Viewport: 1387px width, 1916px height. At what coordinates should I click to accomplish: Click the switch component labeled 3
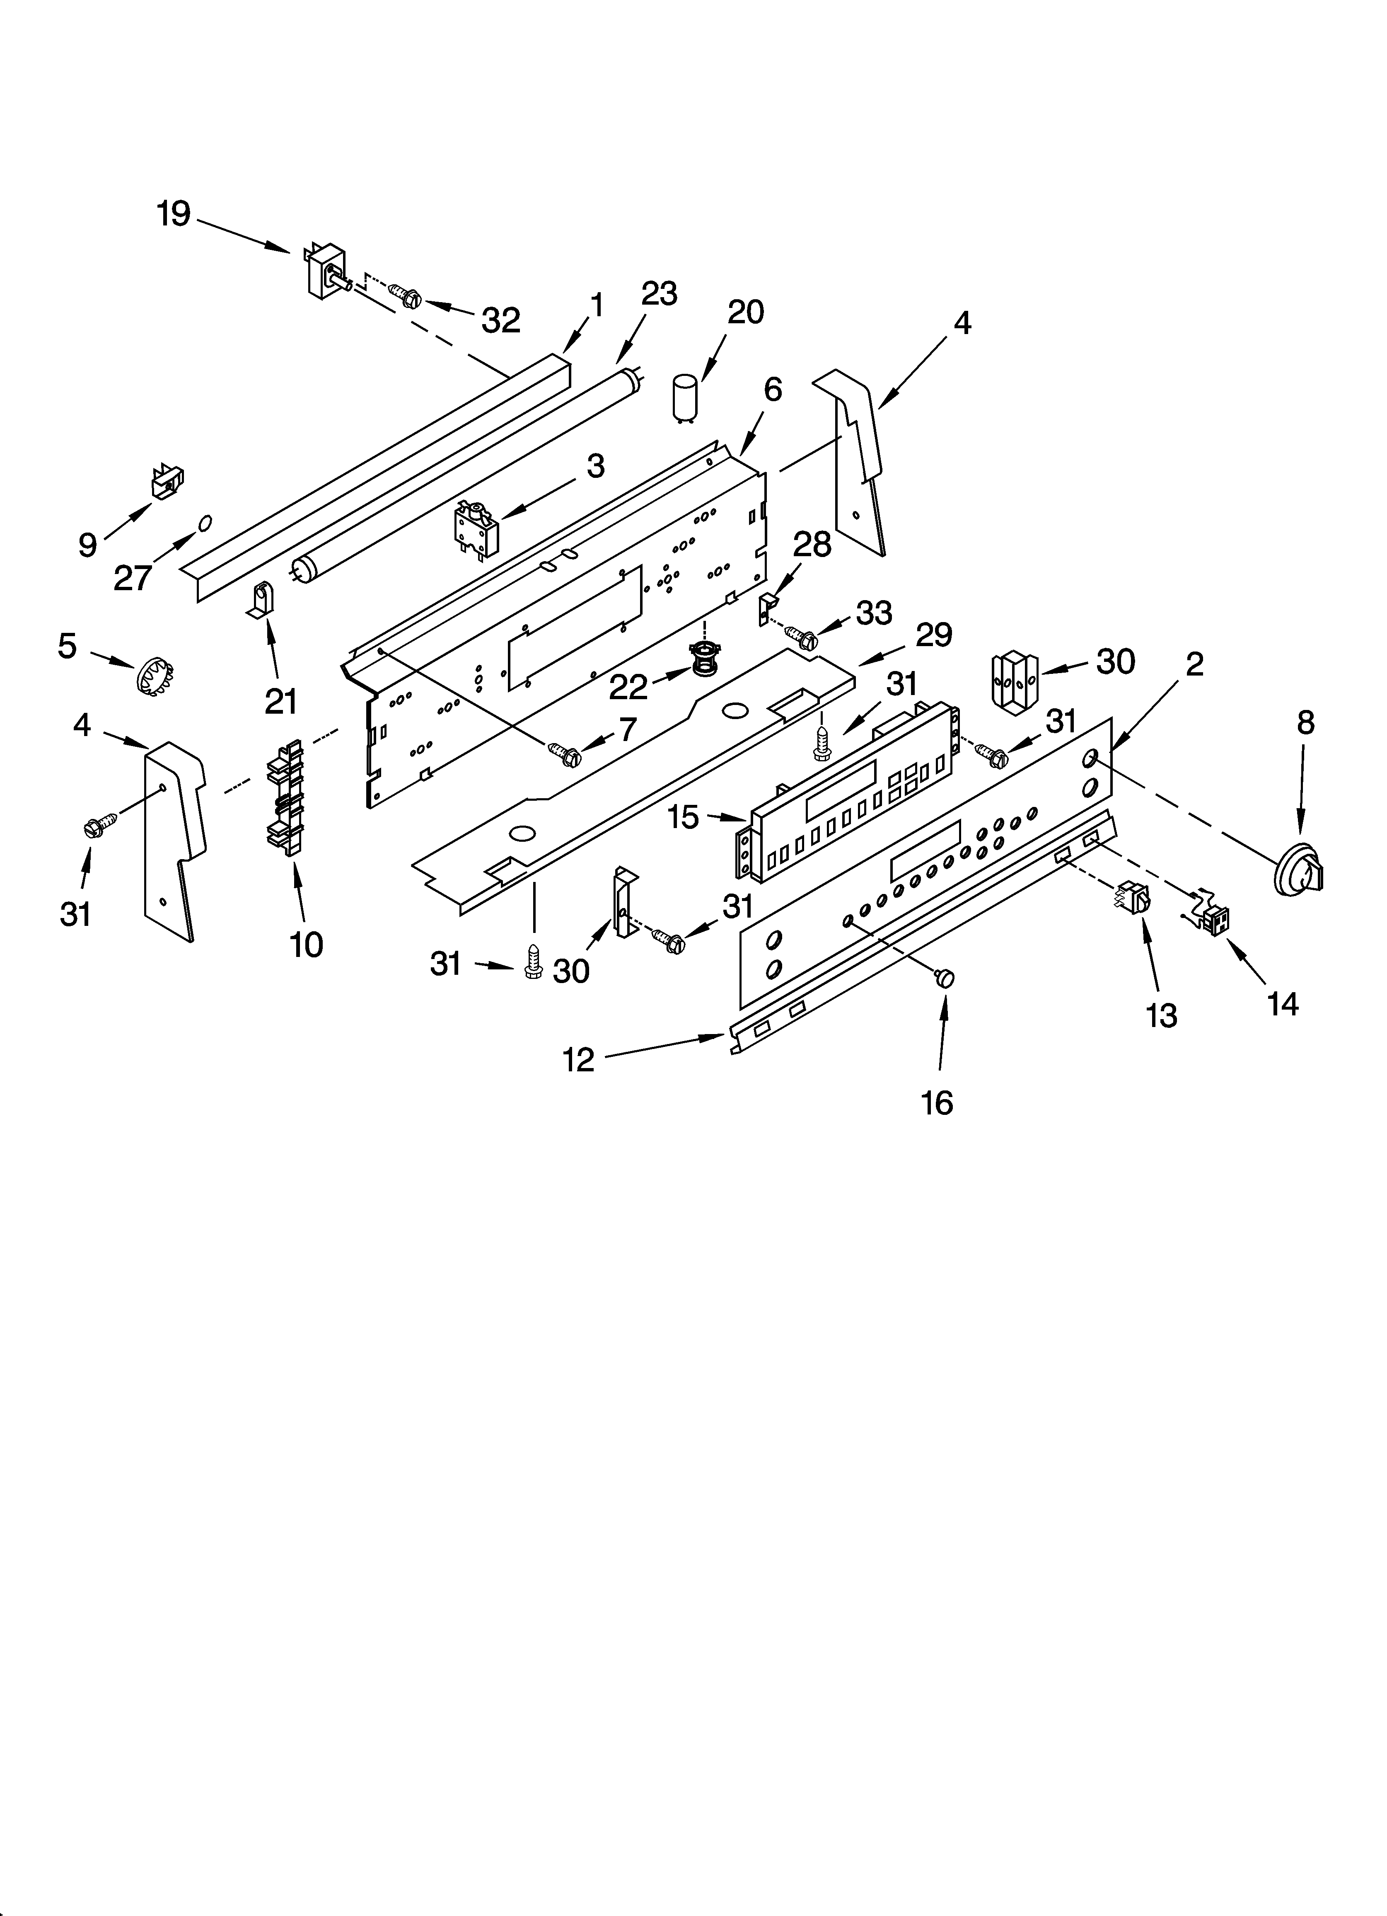click(476, 529)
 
